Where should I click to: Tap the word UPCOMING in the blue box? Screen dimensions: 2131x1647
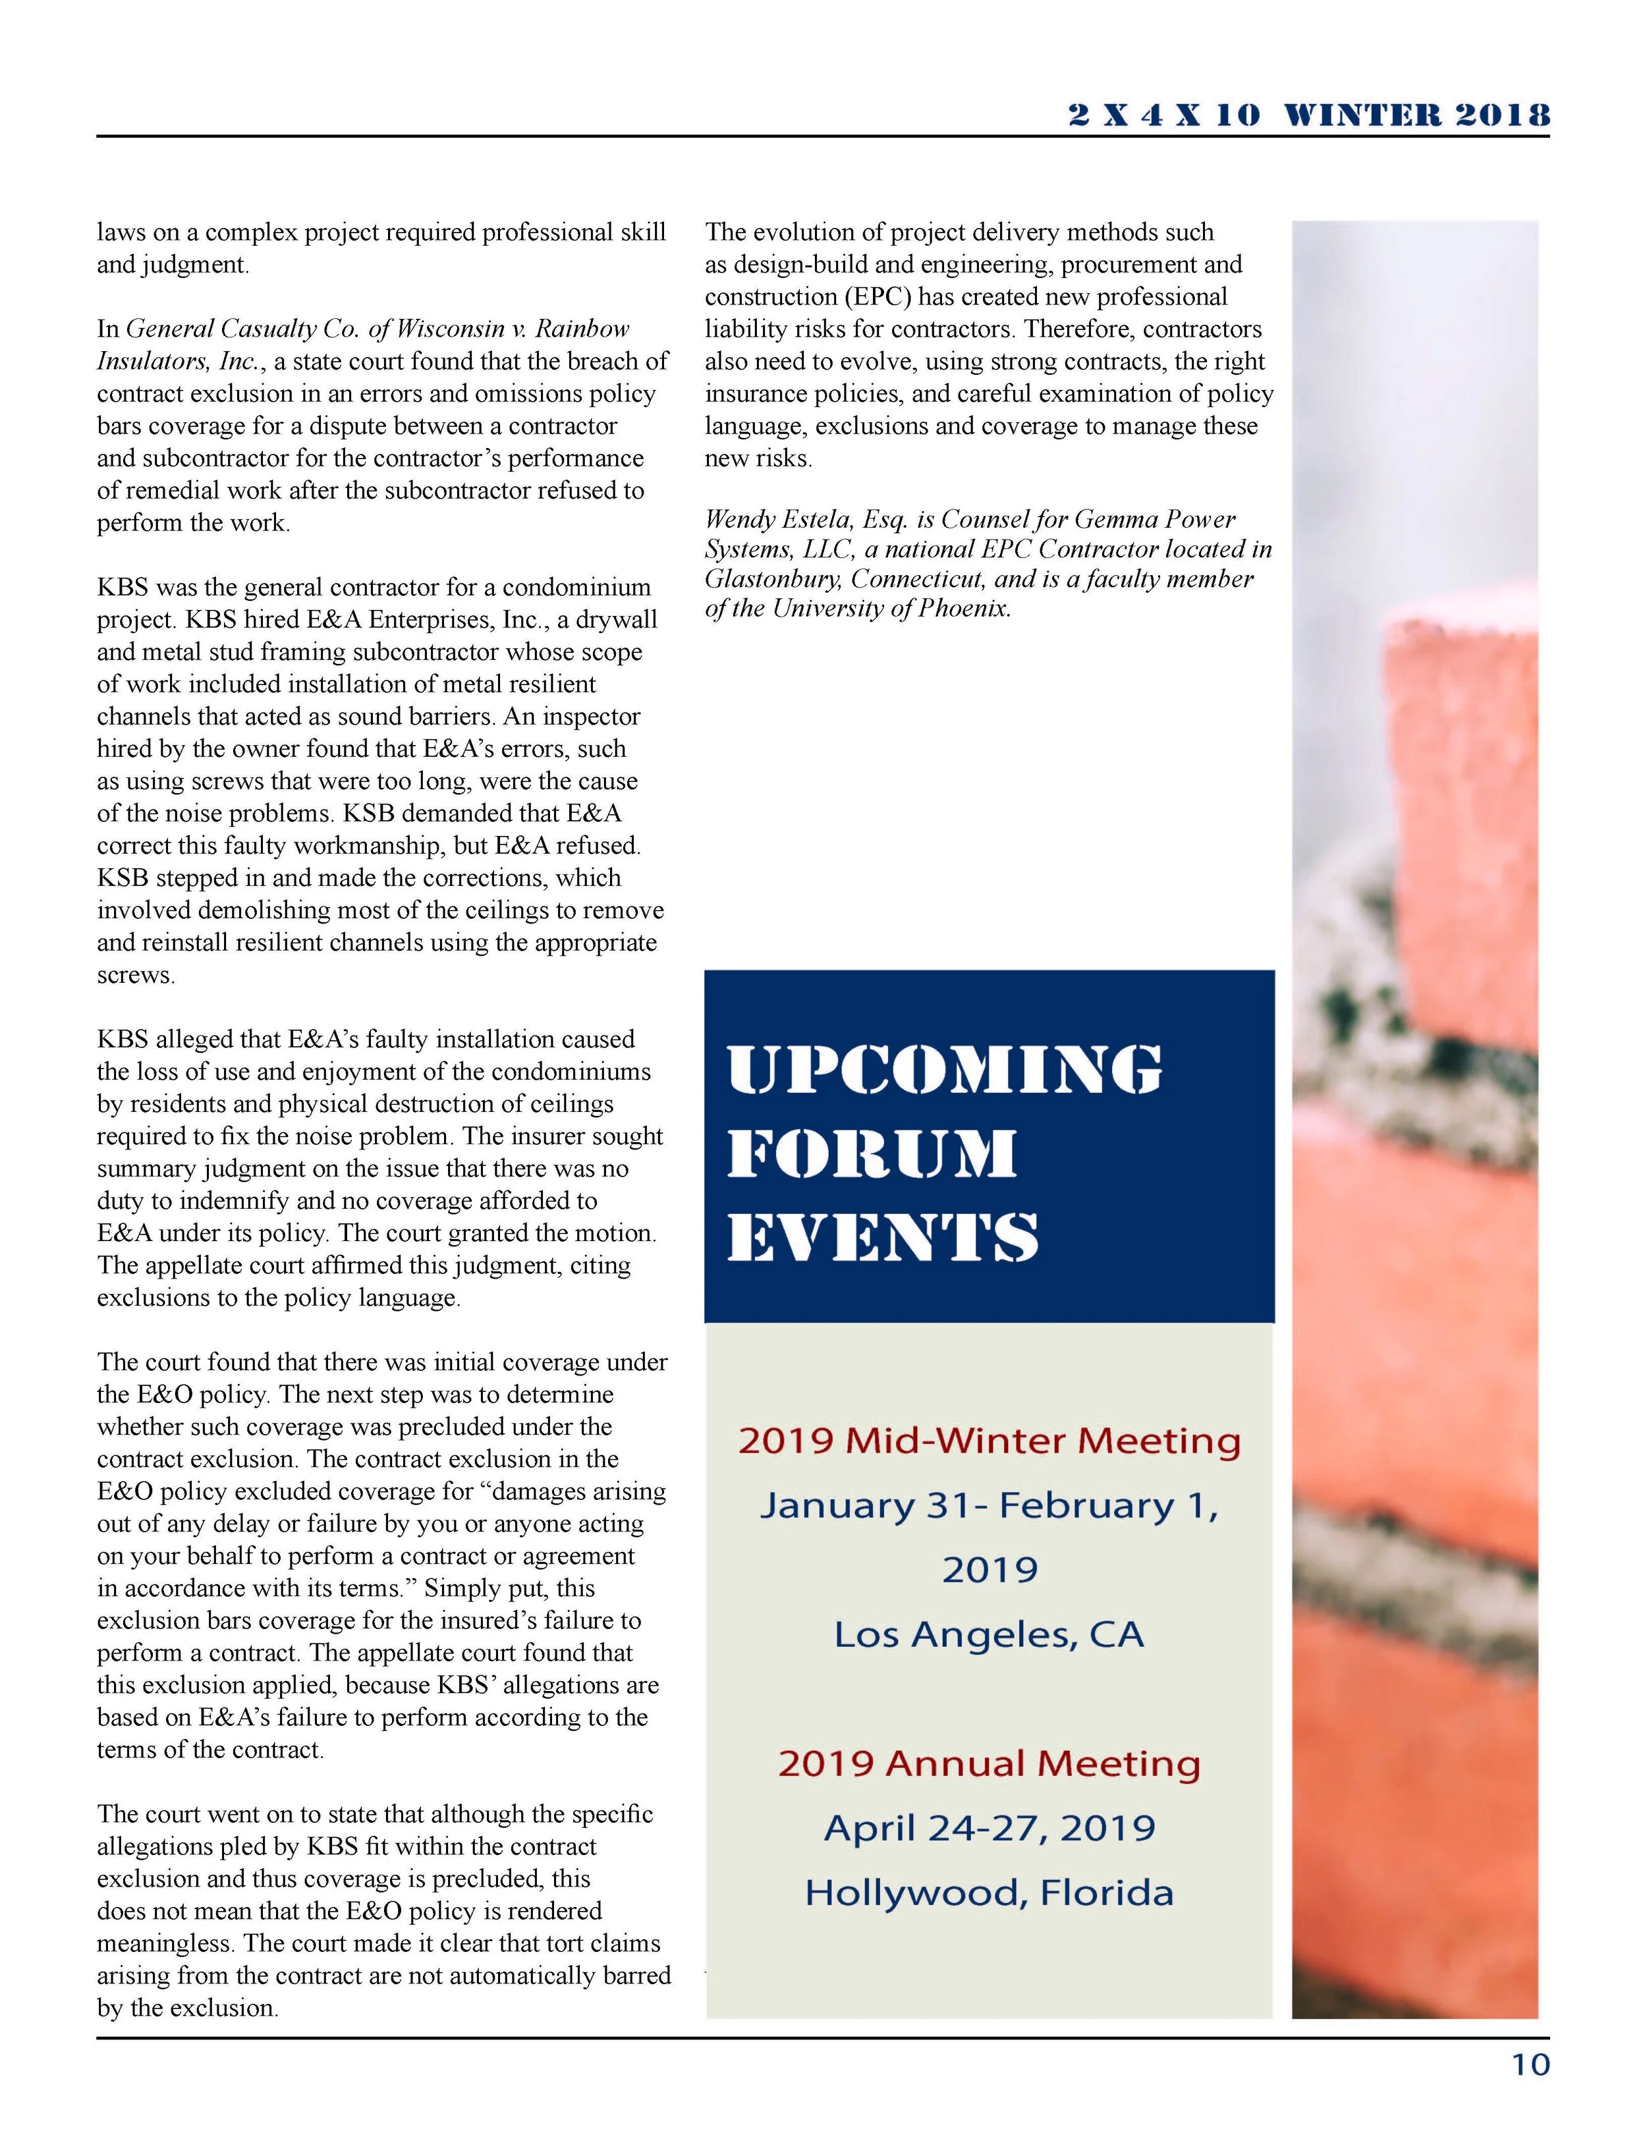[945, 1070]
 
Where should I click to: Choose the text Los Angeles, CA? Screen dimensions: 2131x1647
[988, 1634]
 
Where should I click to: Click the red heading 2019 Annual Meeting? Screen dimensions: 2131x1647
[988, 1763]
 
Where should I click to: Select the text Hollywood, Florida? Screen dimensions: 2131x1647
[988, 1893]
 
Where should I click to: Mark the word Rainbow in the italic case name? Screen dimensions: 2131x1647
[584, 329]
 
